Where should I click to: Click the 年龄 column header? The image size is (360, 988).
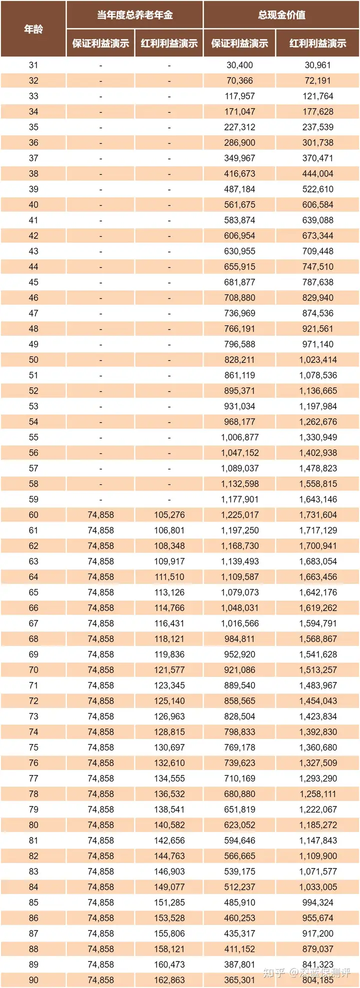33,29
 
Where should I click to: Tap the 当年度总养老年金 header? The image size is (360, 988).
134,14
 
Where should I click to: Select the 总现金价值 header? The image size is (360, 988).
281,14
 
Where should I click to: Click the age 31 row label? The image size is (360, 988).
33,65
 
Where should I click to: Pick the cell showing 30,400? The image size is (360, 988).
239,65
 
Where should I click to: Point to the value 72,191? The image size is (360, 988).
317,80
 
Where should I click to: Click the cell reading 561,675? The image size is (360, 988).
239,204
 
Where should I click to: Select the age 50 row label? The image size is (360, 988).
33,359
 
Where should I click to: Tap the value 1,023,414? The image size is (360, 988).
317,359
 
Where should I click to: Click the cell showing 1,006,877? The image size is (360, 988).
239,437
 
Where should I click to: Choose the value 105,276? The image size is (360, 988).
169,514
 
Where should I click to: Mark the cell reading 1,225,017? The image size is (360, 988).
239,514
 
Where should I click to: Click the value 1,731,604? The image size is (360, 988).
317,514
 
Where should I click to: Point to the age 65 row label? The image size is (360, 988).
33,592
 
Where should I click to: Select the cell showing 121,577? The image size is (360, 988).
169,669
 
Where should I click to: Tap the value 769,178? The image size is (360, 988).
239,747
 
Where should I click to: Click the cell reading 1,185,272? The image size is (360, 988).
317,824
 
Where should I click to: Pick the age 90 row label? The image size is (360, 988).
33,980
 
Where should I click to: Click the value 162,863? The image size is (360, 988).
169,980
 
